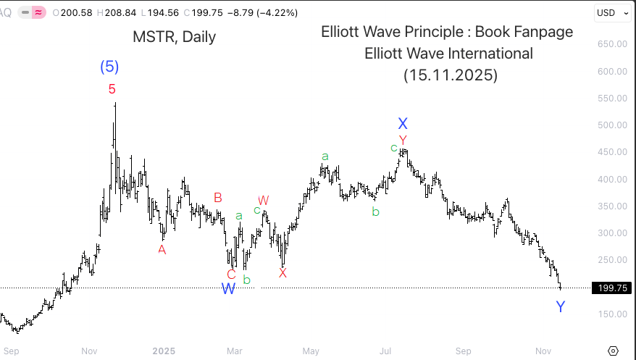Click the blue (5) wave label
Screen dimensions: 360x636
pyautogui.click(x=109, y=67)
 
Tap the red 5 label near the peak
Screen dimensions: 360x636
pyautogui.click(x=112, y=89)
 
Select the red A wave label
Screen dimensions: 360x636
pyautogui.click(x=162, y=249)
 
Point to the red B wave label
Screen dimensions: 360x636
pyautogui.click(x=217, y=197)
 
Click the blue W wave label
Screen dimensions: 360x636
pyautogui.click(x=228, y=288)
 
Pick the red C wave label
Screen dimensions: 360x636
pyautogui.click(x=231, y=274)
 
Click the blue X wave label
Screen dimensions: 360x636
pyautogui.click(x=403, y=124)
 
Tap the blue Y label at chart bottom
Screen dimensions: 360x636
pyautogui.click(x=560, y=307)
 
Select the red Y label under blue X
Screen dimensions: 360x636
pyautogui.click(x=403, y=140)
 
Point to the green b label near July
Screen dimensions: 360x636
pyautogui.click(x=375, y=212)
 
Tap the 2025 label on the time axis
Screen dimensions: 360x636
pyautogui.click(x=164, y=351)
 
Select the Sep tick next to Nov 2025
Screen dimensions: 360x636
pyautogui.click(x=464, y=351)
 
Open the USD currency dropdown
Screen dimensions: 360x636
pyautogui.click(x=610, y=12)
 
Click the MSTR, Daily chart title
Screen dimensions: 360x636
pyautogui.click(x=174, y=37)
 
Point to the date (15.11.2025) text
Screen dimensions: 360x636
pyautogui.click(x=450, y=75)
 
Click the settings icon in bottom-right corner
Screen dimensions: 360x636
pyautogui.click(x=614, y=351)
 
